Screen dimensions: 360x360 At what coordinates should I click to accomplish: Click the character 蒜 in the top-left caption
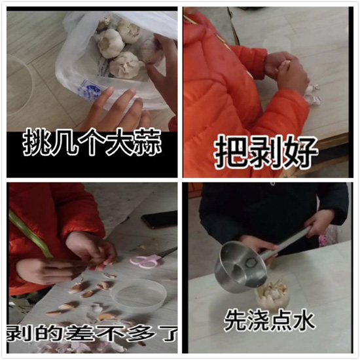click(x=147, y=143)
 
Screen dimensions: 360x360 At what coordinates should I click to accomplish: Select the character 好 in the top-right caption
click(x=300, y=153)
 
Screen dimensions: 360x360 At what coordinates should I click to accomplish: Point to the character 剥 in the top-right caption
click(x=266, y=153)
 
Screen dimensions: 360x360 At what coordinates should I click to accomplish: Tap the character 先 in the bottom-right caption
click(x=236, y=320)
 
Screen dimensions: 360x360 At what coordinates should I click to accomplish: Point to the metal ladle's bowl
click(x=240, y=266)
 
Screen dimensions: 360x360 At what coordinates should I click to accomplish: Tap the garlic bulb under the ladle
click(x=272, y=294)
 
